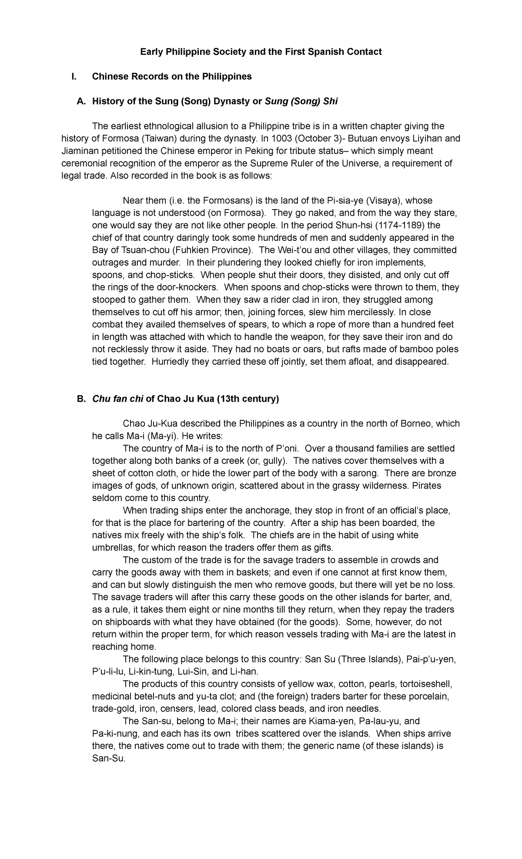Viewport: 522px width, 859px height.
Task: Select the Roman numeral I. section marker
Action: point(74,77)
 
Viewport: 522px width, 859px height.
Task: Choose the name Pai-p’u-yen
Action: point(431,659)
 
